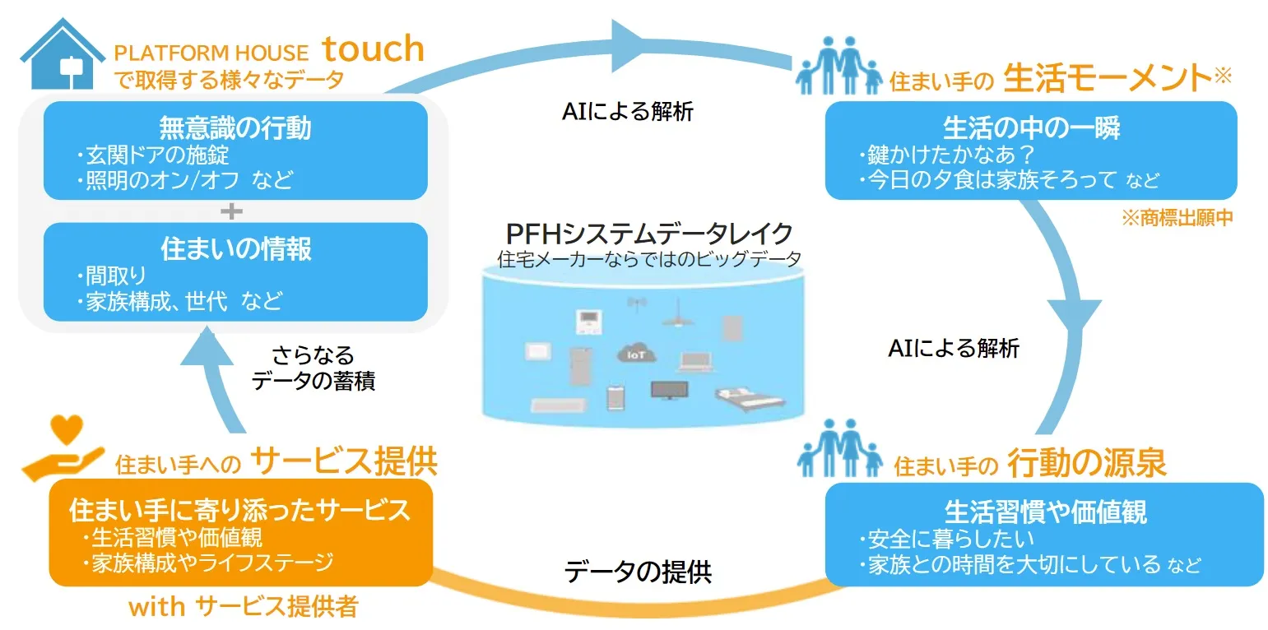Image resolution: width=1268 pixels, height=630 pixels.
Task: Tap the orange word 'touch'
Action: click(x=373, y=49)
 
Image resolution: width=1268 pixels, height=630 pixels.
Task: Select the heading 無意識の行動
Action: click(x=235, y=128)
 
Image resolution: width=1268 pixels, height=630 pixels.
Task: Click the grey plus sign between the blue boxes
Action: click(x=234, y=211)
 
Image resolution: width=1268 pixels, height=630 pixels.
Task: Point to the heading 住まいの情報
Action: click(x=235, y=249)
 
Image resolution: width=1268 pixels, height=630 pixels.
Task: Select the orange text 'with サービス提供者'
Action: click(x=244, y=607)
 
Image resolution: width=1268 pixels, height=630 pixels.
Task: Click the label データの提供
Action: click(x=638, y=571)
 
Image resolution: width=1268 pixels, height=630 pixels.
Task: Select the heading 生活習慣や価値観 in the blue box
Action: click(x=1045, y=512)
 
